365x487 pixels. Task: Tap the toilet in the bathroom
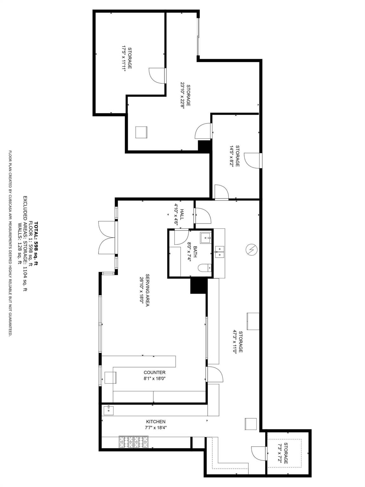coord(205,269)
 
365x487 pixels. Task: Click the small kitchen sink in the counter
coord(108,410)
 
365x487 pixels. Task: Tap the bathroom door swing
coord(181,237)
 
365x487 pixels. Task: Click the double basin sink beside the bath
coord(219,252)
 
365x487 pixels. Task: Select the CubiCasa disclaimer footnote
coord(10,243)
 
